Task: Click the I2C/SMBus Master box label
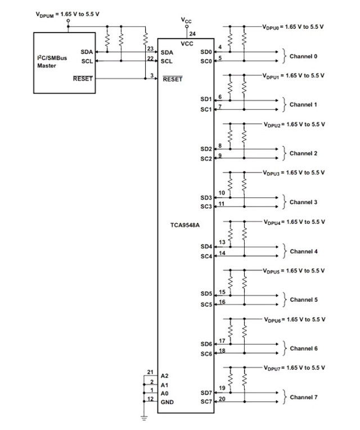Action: (52, 62)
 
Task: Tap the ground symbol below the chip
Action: (144, 418)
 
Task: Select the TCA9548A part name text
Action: (185, 225)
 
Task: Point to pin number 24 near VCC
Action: (192, 34)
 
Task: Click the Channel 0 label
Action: (304, 56)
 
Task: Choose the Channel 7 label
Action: (304, 397)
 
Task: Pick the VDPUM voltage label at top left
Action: (67, 14)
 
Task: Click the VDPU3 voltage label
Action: (294, 173)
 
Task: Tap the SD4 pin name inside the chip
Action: (206, 247)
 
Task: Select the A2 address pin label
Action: (165, 375)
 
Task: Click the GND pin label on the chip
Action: (167, 402)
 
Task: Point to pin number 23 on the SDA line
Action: (150, 48)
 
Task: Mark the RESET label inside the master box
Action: (83, 79)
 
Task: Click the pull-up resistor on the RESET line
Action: (146, 38)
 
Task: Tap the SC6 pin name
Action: (206, 354)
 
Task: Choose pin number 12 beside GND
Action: (150, 399)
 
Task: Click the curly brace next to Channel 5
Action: (284, 300)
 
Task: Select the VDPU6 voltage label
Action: (295, 320)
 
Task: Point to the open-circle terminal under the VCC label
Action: (187, 26)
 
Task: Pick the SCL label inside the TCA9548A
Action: (166, 61)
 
